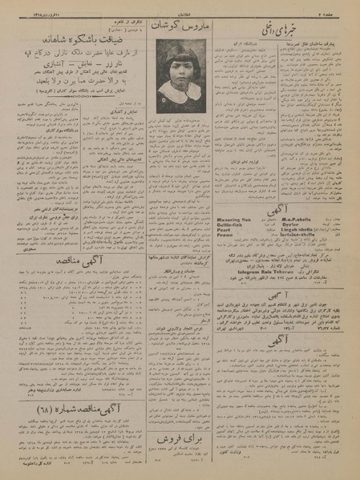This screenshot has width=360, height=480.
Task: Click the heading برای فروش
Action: click(178, 440)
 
